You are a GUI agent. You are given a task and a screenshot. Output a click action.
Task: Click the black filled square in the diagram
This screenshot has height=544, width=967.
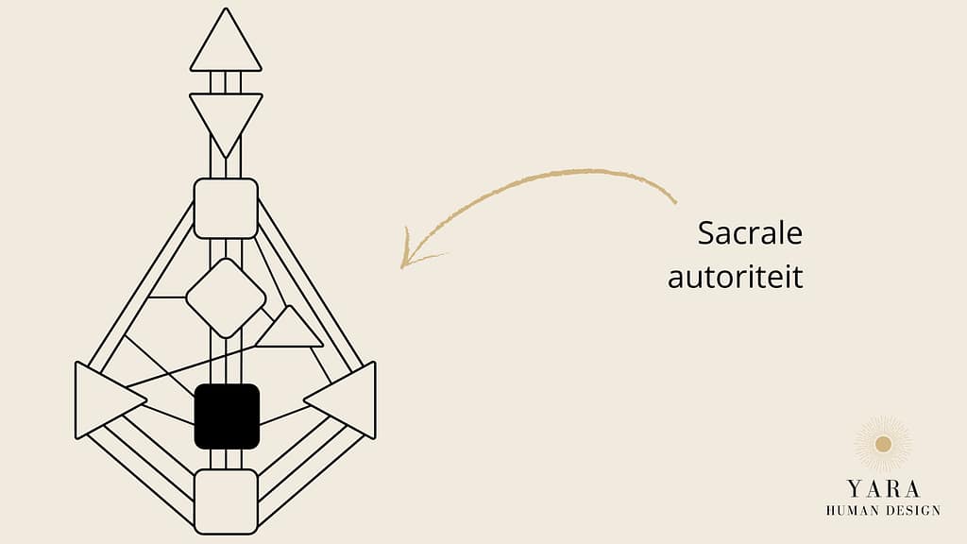click(227, 416)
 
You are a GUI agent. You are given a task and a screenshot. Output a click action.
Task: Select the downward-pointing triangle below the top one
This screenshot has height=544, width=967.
click(226, 120)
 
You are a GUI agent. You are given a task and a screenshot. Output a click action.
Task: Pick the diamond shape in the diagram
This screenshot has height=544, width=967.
click(226, 298)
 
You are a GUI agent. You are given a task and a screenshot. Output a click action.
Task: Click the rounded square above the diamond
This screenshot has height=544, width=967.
click(226, 209)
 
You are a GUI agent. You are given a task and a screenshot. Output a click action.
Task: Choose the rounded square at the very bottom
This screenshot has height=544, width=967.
click(226, 501)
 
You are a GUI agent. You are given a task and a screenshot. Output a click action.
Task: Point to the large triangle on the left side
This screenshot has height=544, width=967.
click(105, 400)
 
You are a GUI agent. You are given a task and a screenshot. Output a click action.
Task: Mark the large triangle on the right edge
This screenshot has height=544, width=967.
click(346, 400)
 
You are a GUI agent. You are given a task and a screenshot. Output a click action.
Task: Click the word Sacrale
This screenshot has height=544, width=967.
click(750, 233)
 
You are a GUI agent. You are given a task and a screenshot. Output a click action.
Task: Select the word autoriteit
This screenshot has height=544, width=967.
click(735, 277)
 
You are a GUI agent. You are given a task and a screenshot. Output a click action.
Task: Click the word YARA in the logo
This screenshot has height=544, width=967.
click(883, 489)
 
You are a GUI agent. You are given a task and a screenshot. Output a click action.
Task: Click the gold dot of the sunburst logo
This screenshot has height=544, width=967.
click(883, 444)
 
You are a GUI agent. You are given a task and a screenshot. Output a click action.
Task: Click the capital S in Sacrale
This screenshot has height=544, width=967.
click(706, 233)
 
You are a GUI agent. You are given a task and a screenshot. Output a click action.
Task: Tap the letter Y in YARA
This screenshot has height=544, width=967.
click(854, 489)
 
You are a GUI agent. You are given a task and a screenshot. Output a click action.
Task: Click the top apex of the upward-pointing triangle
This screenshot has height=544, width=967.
click(226, 8)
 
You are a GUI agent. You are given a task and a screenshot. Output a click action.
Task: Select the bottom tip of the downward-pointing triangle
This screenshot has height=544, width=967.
click(226, 158)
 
